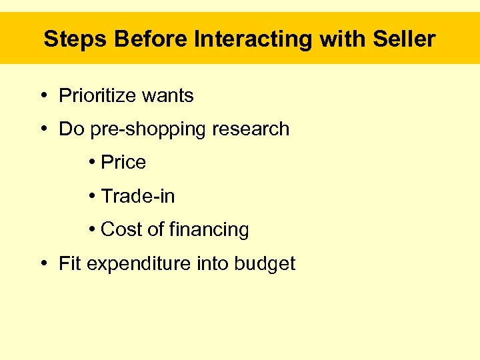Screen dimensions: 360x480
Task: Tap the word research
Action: [x=251, y=129]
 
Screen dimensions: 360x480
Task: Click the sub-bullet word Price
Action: [x=123, y=163]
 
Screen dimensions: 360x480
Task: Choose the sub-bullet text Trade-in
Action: [x=138, y=196]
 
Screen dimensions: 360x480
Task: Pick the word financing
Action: [x=209, y=230]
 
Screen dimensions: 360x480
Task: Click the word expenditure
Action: [x=139, y=264]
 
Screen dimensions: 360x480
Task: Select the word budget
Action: [x=265, y=264]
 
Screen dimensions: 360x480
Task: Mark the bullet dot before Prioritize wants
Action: [x=43, y=96]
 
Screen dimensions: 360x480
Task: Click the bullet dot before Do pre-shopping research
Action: [x=43, y=129]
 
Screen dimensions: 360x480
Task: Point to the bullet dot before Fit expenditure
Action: [x=43, y=263]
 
